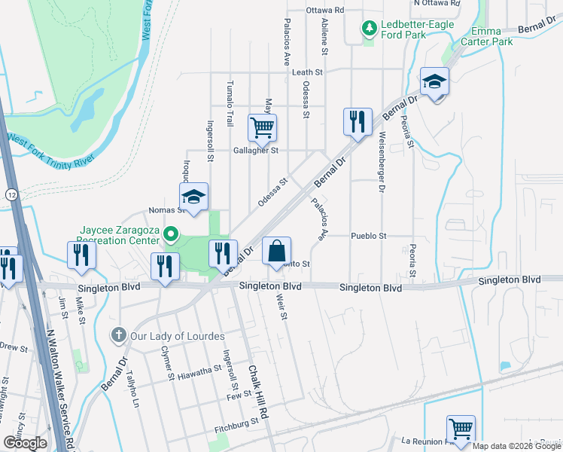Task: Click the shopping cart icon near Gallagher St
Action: (x=262, y=127)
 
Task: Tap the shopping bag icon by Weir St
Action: (x=276, y=250)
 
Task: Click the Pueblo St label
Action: (x=368, y=236)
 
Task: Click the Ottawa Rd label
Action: (x=325, y=11)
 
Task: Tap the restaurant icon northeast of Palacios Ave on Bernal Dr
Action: (x=358, y=121)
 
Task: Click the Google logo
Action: (x=24, y=443)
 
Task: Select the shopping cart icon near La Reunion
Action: (x=461, y=429)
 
